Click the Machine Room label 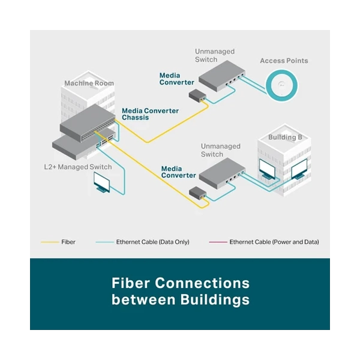(89, 83)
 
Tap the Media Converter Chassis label (150, 114)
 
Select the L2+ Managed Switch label (78, 167)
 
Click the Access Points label (284, 61)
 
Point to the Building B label (285, 137)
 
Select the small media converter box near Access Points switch (197, 96)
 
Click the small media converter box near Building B (197, 193)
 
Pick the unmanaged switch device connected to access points (221, 76)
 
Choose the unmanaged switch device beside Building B (222, 173)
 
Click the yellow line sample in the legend (50, 242)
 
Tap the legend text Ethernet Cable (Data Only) (152, 242)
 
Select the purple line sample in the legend (218, 242)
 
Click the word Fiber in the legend (68, 242)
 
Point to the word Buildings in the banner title (215, 299)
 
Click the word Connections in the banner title (202, 283)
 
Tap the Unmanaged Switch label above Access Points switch (215, 55)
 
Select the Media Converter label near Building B (178, 172)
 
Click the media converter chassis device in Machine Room (88, 123)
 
